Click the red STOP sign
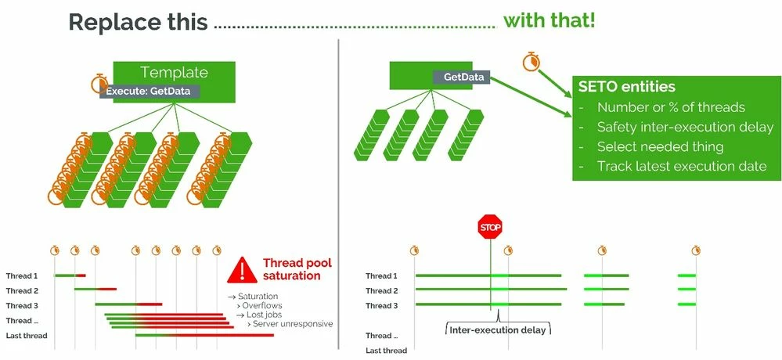[x=490, y=227]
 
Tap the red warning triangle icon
[x=243, y=271]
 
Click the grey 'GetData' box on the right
[x=462, y=77]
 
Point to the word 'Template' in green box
[x=174, y=73]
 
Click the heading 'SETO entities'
[x=626, y=87]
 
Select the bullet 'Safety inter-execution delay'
[x=684, y=127]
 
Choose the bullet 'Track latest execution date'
[x=681, y=166]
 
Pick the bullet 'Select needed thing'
[x=660, y=146]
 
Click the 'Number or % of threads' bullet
[x=671, y=107]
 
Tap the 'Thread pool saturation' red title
[x=291, y=269]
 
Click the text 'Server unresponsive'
[x=294, y=324]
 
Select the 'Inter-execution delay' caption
[x=497, y=329]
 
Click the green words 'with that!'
[x=549, y=20]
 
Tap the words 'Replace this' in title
[x=138, y=22]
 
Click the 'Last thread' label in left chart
[x=27, y=336]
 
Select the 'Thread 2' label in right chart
[x=382, y=290]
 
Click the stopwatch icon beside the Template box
[x=100, y=83]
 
